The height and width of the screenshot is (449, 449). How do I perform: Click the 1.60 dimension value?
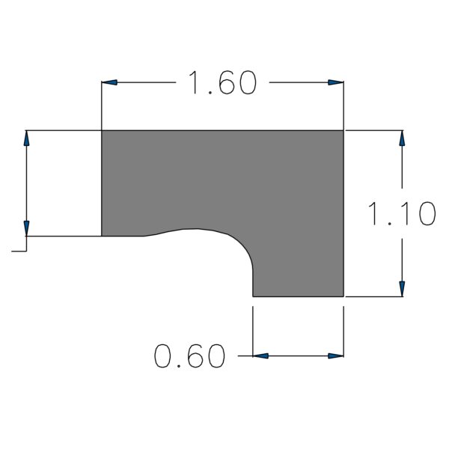pos(222,82)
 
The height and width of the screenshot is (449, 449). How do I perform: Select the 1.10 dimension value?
pos(401,213)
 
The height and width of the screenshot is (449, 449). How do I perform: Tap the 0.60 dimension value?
pos(189,356)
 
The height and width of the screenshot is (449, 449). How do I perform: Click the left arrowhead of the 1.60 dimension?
pos(109,82)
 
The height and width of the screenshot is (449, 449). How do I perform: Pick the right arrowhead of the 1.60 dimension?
pos(336,82)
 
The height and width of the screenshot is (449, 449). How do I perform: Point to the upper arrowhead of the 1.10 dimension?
pos(402,138)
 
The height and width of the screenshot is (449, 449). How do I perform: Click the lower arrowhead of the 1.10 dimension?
pos(402,289)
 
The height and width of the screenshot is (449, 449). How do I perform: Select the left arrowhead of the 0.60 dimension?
pos(260,356)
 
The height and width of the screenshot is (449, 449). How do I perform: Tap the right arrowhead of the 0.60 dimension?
pos(336,356)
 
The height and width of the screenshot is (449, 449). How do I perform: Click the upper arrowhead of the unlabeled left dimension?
pos(27,138)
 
